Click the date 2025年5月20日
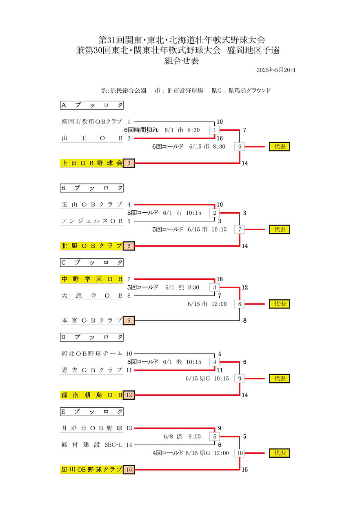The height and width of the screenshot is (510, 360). (x=276, y=70)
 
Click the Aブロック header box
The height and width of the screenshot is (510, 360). (x=92, y=105)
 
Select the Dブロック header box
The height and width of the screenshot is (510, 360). (x=92, y=337)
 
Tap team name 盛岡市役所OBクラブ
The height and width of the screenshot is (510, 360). (x=92, y=122)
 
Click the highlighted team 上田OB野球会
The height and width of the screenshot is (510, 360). (x=92, y=163)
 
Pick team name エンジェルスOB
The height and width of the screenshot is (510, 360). (x=92, y=221)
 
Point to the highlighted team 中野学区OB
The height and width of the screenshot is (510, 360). (x=92, y=279)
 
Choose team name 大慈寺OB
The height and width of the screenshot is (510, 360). (x=92, y=296)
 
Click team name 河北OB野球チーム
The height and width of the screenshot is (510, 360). (x=92, y=354)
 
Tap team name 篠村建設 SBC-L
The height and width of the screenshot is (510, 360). (x=92, y=445)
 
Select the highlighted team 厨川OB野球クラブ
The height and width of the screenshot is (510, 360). (x=92, y=470)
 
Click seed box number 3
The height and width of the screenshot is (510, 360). (x=129, y=163)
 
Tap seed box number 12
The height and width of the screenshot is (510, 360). (x=129, y=395)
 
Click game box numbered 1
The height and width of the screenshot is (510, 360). (x=215, y=130)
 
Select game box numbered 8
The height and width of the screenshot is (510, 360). (x=240, y=304)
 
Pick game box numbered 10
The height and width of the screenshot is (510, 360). (x=240, y=453)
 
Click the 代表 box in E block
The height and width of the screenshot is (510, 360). (x=280, y=453)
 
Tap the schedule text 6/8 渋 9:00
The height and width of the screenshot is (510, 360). (x=182, y=437)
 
